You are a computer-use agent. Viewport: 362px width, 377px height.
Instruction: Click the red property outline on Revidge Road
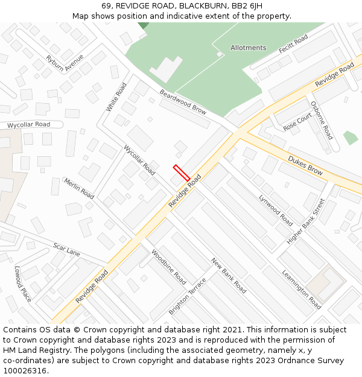point(182,173)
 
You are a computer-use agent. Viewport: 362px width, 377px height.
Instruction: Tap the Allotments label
point(248,48)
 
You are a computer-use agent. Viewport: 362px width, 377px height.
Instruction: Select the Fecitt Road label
point(294,44)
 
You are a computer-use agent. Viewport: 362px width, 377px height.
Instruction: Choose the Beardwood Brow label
point(183,102)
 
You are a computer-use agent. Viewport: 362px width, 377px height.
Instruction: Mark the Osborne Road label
point(322,120)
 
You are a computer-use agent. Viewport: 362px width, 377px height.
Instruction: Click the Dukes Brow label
point(305,165)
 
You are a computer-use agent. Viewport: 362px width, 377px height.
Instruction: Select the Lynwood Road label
point(276,210)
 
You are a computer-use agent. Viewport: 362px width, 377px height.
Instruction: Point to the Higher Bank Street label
point(306,221)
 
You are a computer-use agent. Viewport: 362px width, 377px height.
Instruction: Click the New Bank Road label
point(229,276)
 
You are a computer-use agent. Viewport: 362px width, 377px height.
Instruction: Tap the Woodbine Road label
point(168,267)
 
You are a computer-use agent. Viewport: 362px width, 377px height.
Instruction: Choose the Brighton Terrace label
point(187,296)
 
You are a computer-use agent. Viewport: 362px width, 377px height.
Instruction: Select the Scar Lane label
point(66,249)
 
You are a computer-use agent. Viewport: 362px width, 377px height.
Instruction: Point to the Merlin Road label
point(79,188)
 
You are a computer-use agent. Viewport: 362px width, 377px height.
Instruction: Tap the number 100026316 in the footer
point(25,370)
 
